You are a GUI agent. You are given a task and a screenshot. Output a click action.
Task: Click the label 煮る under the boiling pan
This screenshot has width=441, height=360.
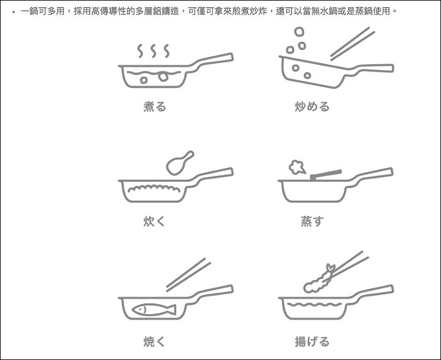tap(155, 107)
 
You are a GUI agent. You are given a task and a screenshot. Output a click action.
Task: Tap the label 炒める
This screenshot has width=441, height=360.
tap(312, 107)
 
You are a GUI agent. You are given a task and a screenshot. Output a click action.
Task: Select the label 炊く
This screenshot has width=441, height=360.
tap(154, 221)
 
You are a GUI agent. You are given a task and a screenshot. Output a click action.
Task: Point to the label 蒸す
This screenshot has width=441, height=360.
tap(312, 221)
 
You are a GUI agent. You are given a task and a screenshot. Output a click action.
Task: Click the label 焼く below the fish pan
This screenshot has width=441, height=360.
tap(154, 342)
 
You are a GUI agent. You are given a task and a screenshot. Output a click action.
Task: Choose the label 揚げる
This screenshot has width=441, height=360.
tap(312, 342)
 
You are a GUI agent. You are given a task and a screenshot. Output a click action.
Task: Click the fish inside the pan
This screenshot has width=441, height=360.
tap(154, 310)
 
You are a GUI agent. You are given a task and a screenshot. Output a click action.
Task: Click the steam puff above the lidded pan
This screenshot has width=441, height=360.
tap(297, 167)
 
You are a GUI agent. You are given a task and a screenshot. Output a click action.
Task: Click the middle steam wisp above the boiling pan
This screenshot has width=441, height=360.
tap(153, 51)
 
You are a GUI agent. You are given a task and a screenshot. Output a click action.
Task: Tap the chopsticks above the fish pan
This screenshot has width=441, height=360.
tap(188, 275)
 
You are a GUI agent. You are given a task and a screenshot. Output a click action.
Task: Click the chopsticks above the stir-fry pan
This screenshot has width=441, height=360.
tap(352, 44)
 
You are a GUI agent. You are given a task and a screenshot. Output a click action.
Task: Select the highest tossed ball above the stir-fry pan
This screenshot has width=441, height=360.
tap(299, 32)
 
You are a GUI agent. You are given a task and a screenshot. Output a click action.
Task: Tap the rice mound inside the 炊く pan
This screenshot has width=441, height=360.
tap(154, 188)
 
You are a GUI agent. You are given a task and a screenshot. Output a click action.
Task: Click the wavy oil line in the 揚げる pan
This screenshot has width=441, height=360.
tap(314, 305)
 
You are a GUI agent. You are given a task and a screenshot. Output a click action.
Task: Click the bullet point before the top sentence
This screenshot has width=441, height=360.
tap(13, 12)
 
